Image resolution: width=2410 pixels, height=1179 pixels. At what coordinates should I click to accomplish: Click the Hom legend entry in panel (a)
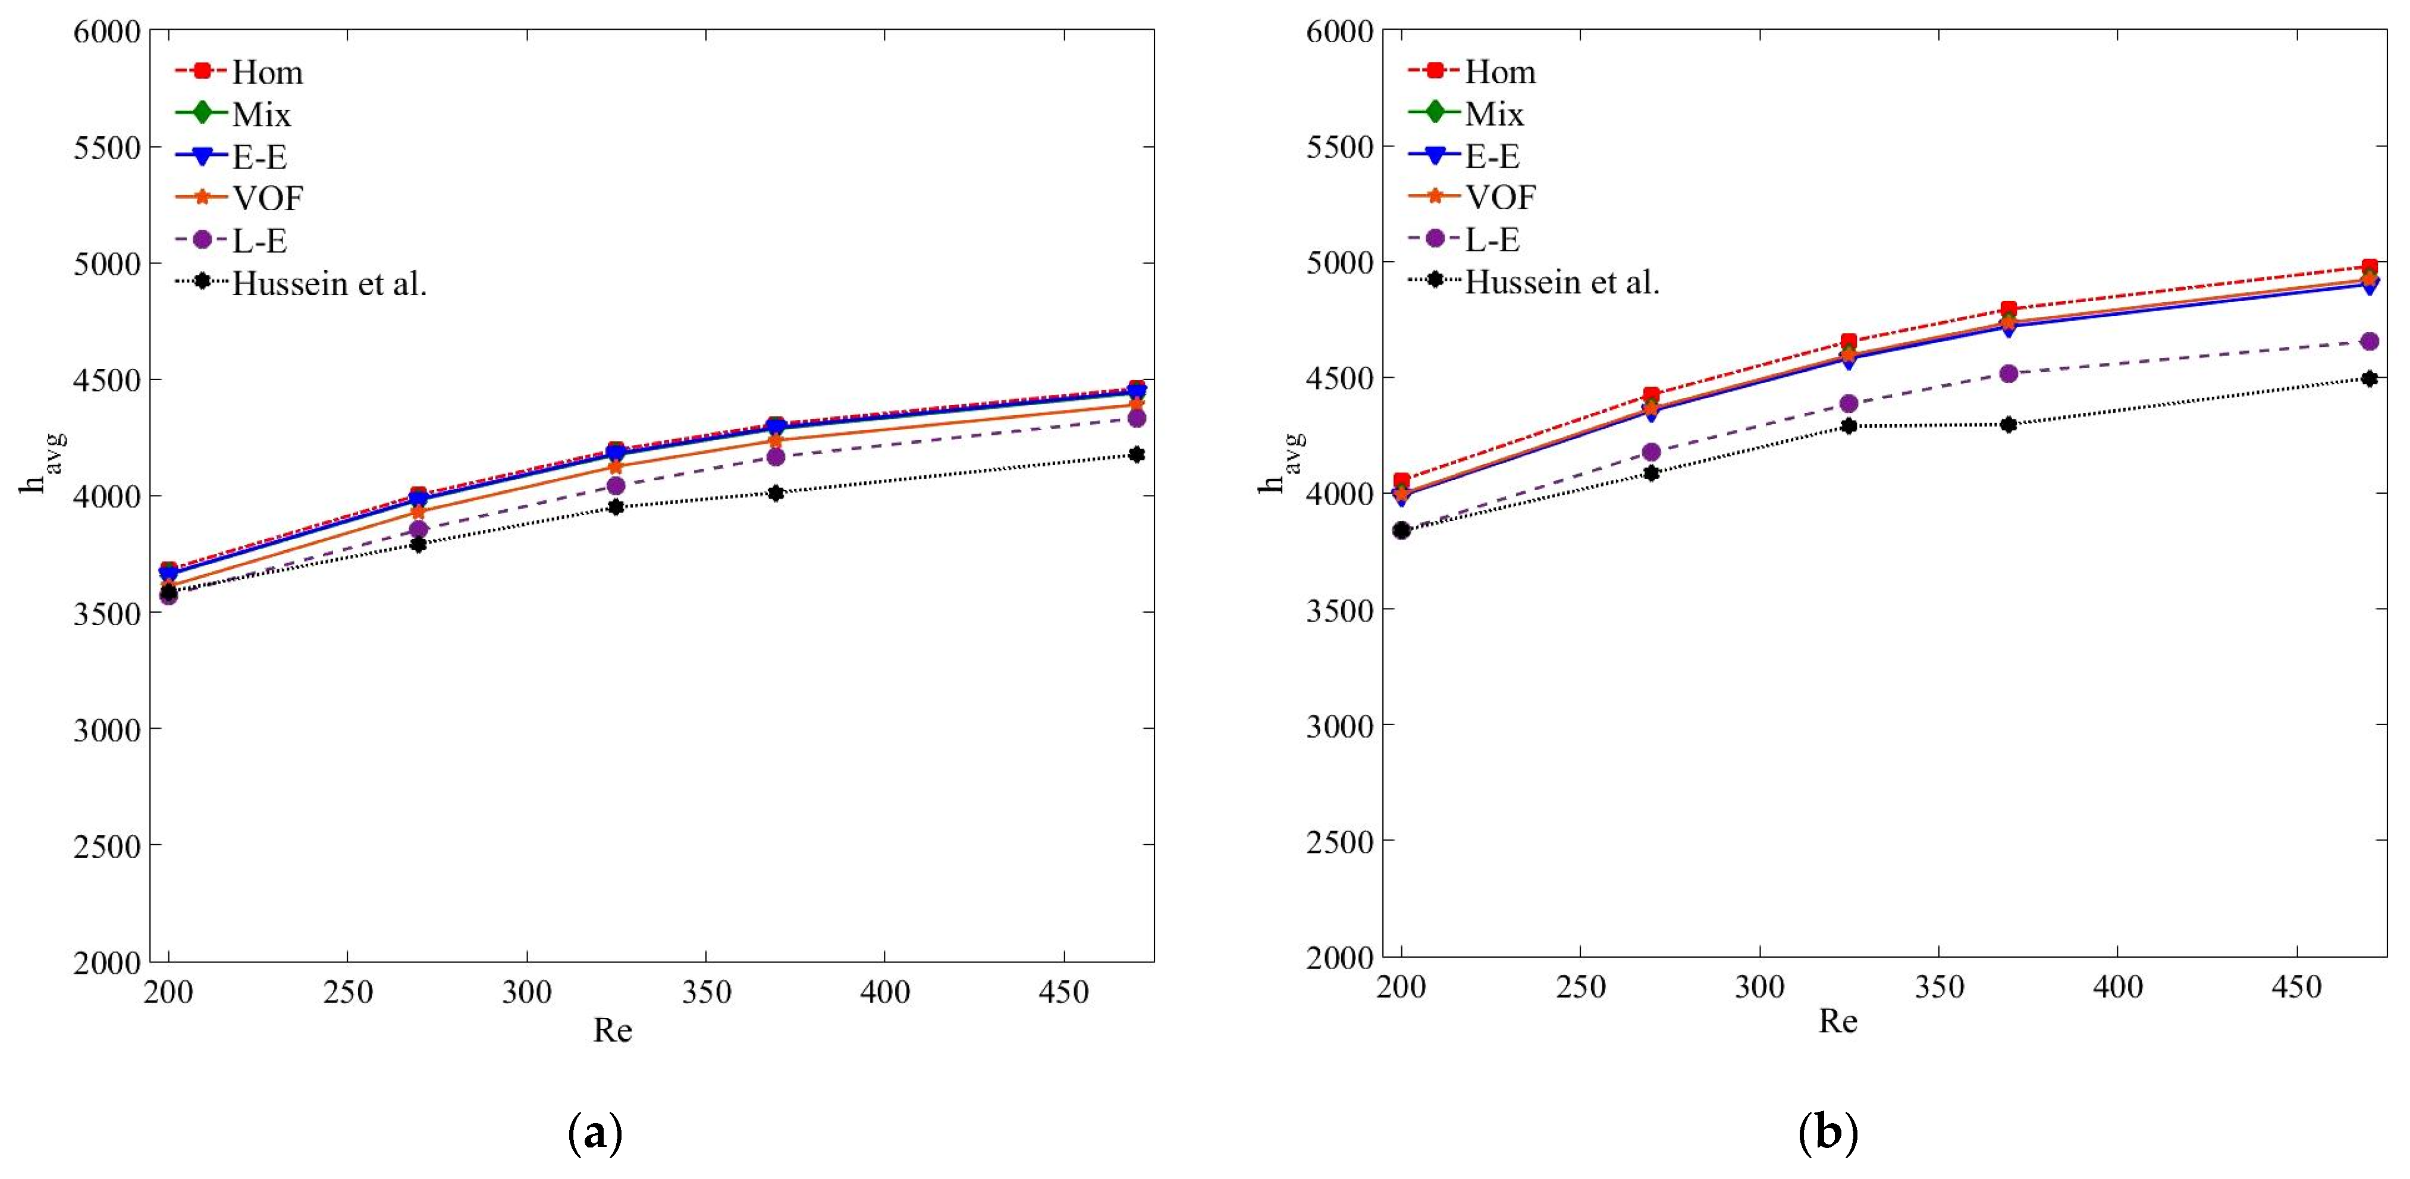click(266, 72)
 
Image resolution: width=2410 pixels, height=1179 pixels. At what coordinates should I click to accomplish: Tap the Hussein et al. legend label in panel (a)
click(330, 283)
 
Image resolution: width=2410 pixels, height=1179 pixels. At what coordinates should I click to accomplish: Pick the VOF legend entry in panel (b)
click(1499, 197)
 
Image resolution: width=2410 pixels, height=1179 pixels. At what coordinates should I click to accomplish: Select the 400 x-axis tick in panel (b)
click(2117, 987)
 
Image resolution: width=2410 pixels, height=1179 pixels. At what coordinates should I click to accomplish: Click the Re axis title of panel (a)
click(613, 1030)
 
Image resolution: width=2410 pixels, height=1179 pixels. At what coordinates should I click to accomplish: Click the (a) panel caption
click(595, 1133)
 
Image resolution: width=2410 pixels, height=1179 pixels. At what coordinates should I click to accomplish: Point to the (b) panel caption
click(1827, 1133)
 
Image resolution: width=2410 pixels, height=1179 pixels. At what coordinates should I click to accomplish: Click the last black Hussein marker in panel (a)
click(1137, 454)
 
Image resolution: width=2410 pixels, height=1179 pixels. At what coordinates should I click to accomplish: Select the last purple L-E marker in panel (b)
click(2369, 341)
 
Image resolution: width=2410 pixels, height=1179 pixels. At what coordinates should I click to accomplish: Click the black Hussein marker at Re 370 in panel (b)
click(2009, 425)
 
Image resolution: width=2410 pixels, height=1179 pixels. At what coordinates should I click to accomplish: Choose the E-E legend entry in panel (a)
click(259, 156)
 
